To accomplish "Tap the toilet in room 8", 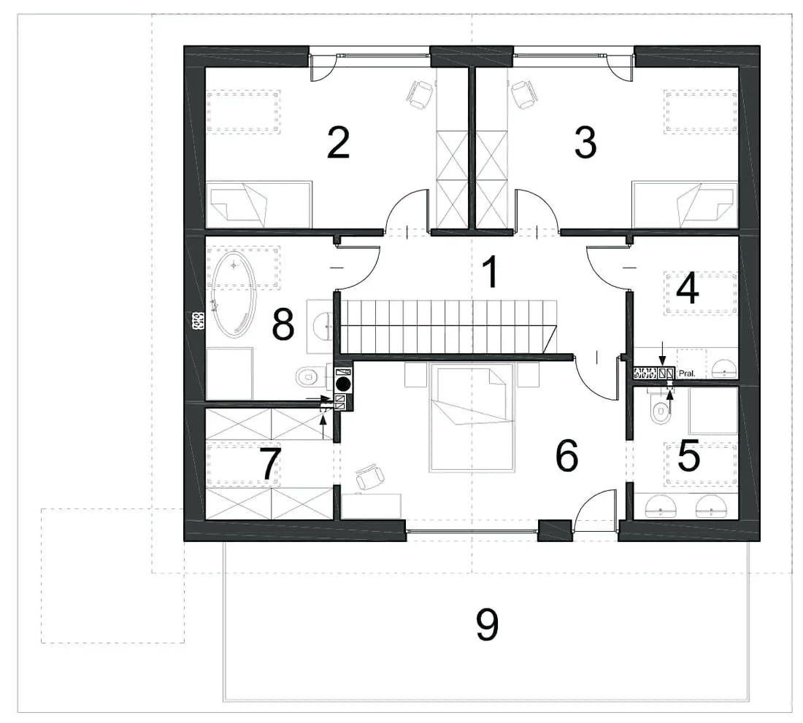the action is point(308,377).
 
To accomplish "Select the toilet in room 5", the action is point(661,409).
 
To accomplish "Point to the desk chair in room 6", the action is point(370,477).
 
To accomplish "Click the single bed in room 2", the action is point(258,204).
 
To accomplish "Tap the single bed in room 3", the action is point(685,204).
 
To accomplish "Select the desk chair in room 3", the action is point(524,94).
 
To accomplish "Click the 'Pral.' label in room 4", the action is point(687,374).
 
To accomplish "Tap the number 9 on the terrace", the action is point(486,625).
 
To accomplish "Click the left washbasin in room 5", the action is point(661,506).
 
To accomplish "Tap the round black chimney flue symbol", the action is point(343,384).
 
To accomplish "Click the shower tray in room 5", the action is point(713,410).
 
